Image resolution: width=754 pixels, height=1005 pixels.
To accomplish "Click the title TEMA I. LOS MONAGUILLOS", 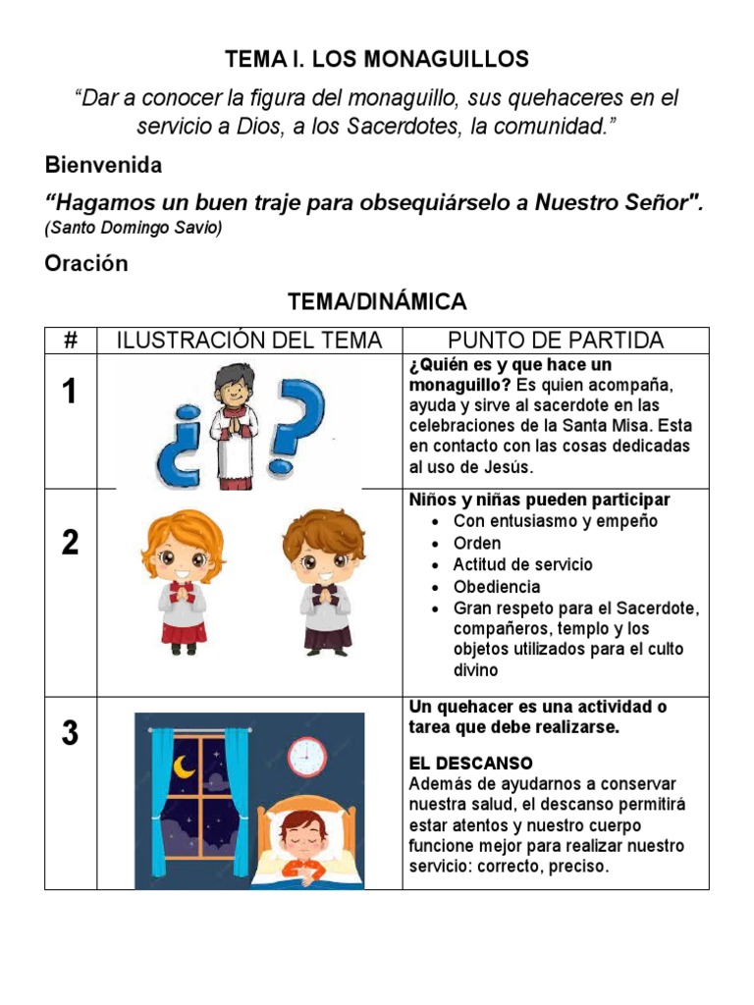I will coord(377,59).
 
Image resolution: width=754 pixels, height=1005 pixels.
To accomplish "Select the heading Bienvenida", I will coord(103,165).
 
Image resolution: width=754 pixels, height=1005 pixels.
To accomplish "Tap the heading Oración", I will coord(86,263).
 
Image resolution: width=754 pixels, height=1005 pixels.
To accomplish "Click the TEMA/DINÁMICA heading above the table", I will coord(377,301).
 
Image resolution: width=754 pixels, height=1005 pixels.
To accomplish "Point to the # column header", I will coord(71,341).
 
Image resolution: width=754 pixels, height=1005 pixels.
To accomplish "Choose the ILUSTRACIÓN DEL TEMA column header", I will coord(249,341).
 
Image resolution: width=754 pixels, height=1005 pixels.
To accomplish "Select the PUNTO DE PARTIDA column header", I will coord(556,341).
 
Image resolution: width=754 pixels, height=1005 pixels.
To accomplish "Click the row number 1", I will coord(69,393).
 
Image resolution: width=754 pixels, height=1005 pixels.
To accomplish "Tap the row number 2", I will coord(70,543).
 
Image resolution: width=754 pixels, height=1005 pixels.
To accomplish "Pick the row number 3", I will coord(70,733).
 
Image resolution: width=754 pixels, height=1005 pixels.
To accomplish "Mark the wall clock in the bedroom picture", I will coord(306,756).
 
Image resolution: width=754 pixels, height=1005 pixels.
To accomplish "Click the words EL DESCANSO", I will coord(471,763).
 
